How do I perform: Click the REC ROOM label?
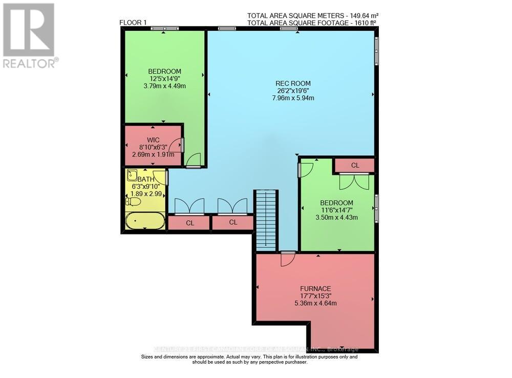293,84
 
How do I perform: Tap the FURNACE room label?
315,288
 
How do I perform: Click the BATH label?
146,179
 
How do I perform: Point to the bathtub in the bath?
145,222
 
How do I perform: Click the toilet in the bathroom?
132,202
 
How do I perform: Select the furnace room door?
287,258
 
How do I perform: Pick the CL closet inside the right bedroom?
355,166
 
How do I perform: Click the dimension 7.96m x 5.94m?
293,98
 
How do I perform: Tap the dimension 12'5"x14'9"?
164,78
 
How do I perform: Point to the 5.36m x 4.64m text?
315,303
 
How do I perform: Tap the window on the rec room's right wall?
376,50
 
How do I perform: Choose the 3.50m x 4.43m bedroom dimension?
337,217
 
